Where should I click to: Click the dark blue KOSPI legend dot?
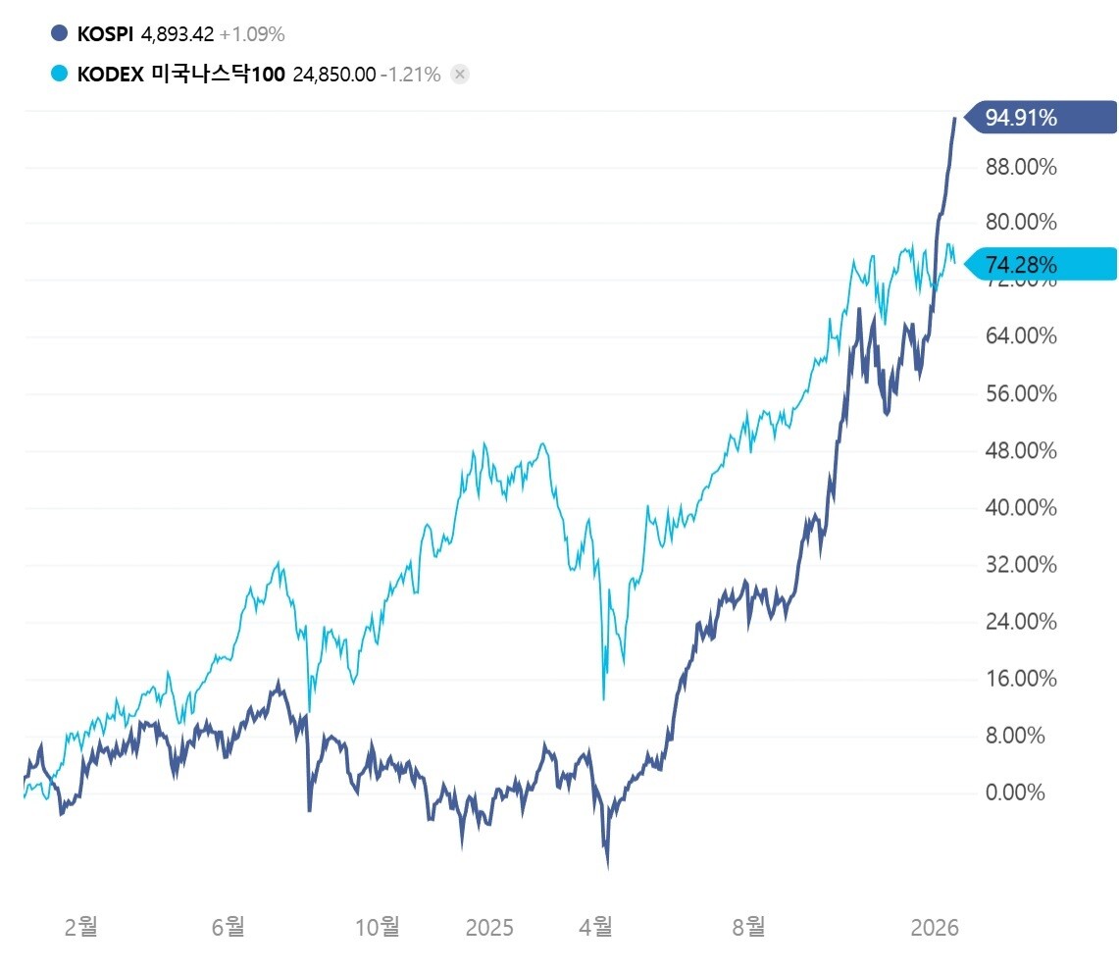pos(60,34)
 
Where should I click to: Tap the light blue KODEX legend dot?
pos(60,75)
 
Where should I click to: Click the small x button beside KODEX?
pos(460,75)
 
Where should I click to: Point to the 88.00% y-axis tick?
pos(1021,167)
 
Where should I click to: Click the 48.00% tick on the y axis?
pos(1021,451)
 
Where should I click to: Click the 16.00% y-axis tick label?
pos(1021,679)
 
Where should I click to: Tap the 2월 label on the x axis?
pos(80,926)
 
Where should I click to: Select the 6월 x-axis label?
pos(229,926)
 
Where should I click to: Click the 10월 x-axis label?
pos(378,926)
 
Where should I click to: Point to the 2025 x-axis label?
pos(489,926)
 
